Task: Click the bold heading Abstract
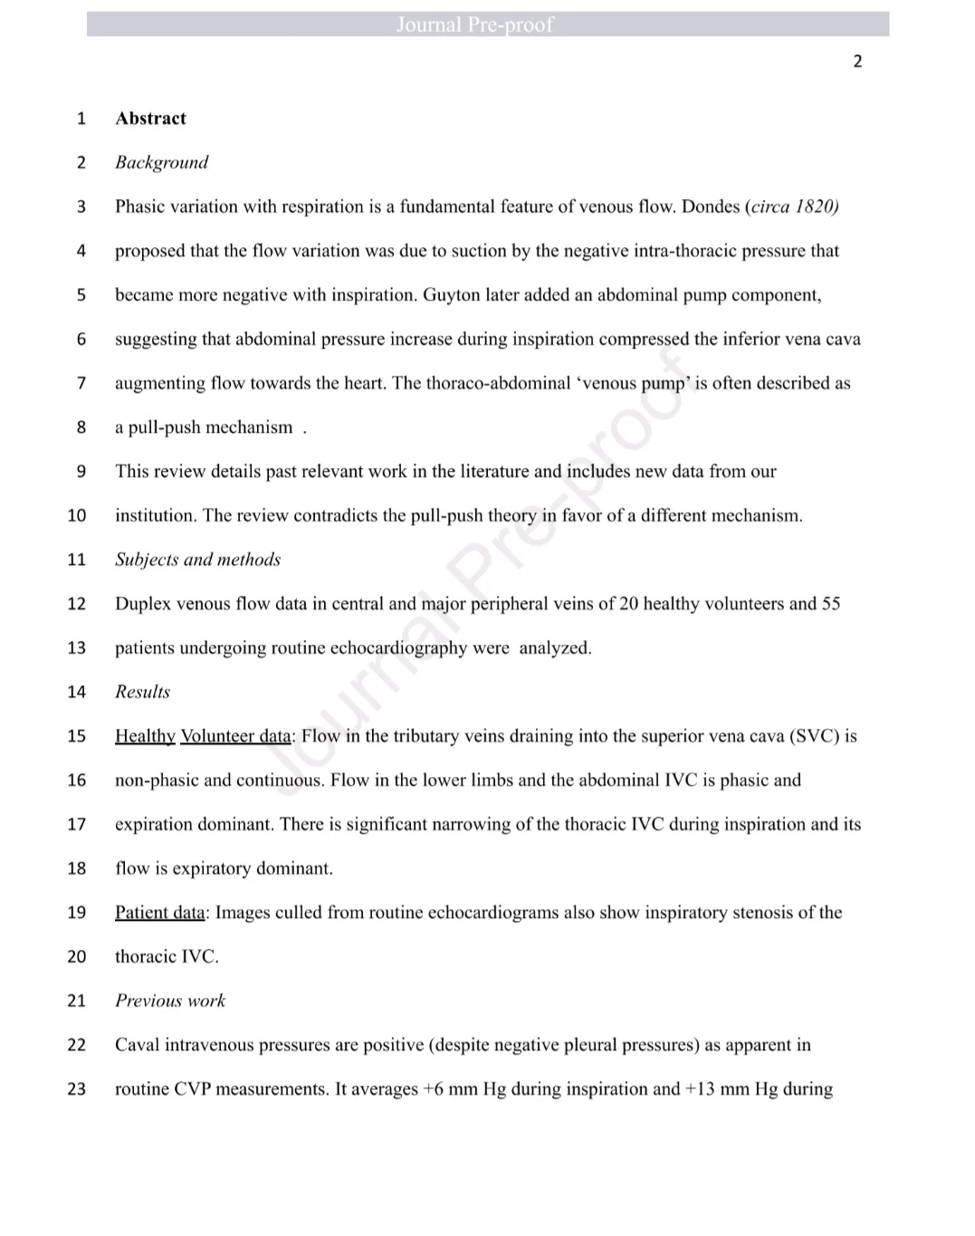150,119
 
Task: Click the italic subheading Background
161,163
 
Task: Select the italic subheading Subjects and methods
197,560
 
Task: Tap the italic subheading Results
142,692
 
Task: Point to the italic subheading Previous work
170,1001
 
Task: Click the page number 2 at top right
857,62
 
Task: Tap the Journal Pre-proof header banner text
474,24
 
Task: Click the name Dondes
710,206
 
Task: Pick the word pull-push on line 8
166,427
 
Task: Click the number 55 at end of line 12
830,604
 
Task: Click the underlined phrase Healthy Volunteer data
203,736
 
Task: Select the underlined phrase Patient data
160,913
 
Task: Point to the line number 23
77,1089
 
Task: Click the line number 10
77,516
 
